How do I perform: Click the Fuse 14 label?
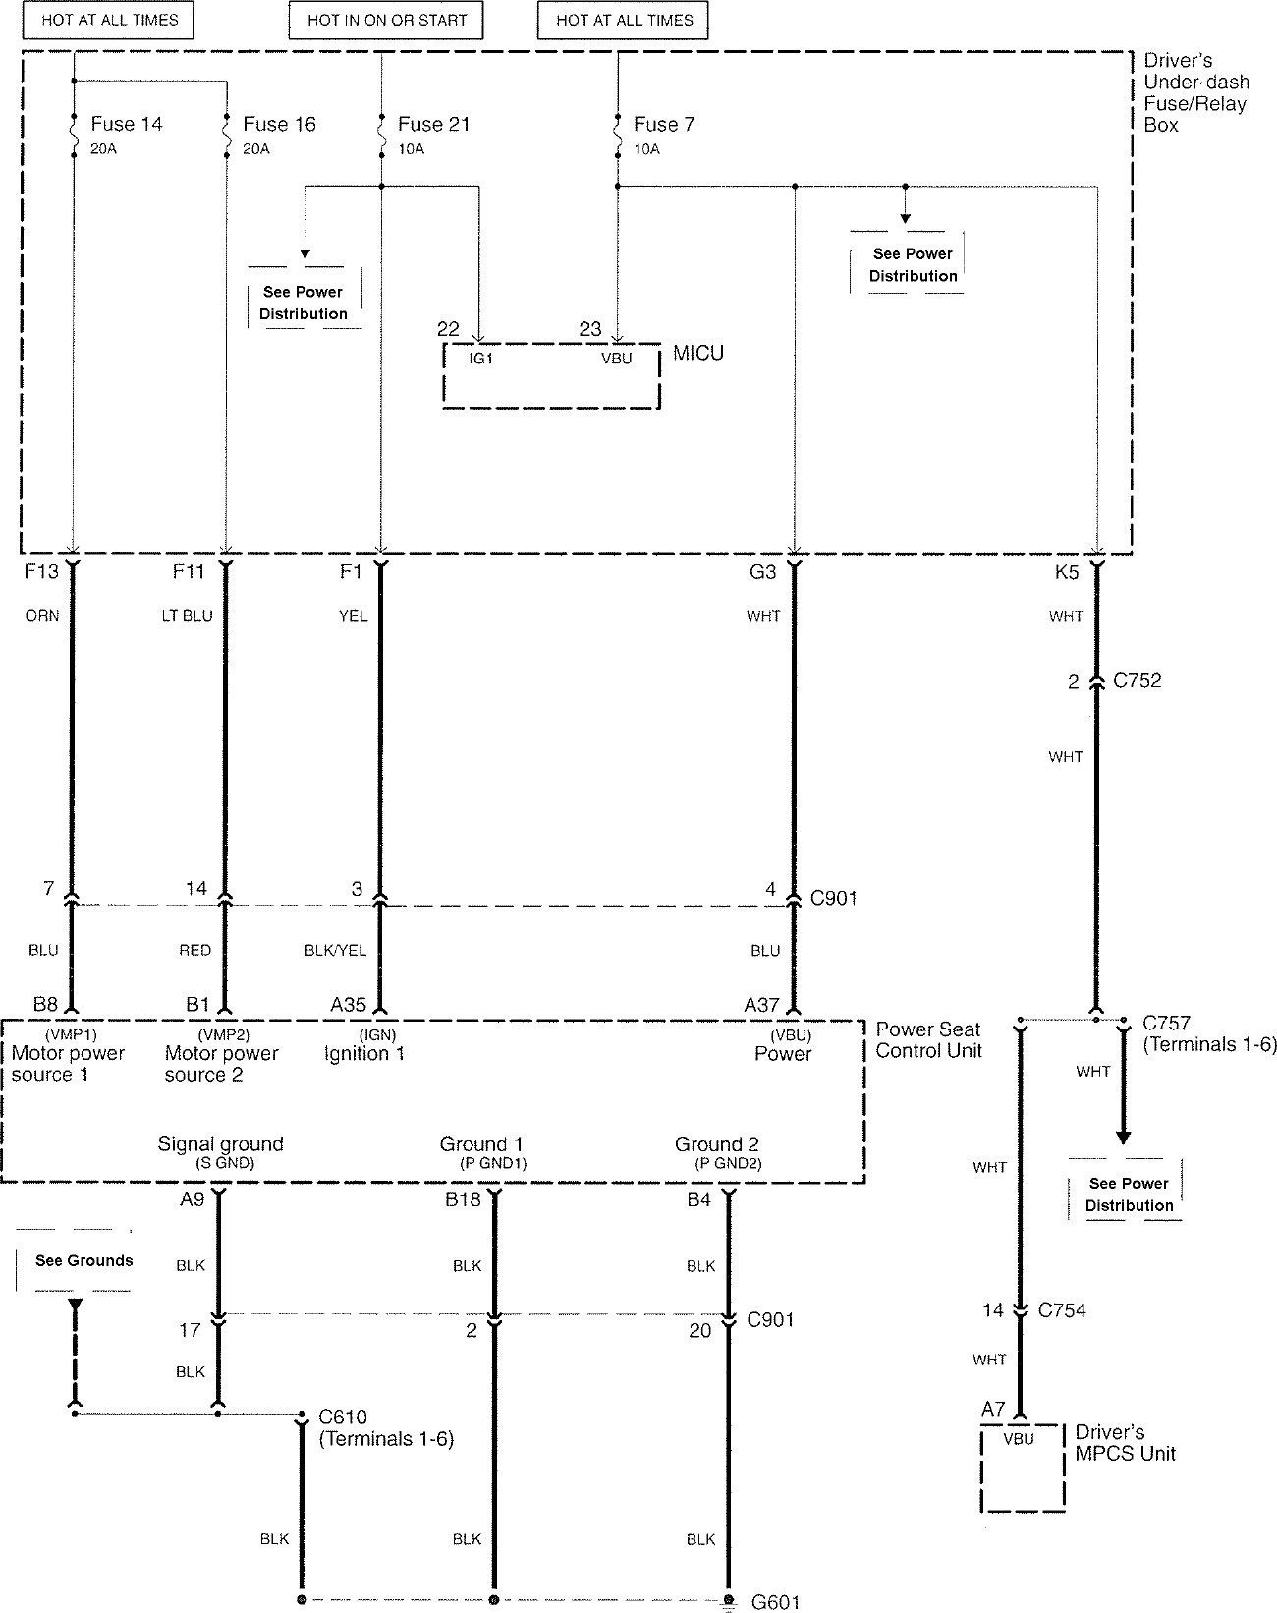[x=126, y=124]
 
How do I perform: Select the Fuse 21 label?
[x=433, y=124]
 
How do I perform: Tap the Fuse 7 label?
[x=664, y=124]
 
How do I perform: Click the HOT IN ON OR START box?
[x=386, y=20]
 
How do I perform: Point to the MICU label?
[x=698, y=353]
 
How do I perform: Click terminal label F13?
[x=41, y=572]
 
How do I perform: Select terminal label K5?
[x=1067, y=572]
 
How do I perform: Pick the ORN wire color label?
[x=42, y=616]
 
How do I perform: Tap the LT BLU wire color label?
[x=187, y=616]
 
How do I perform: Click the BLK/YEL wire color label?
[x=335, y=950]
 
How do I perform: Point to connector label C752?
[x=1137, y=680]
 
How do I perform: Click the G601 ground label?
[x=776, y=1602]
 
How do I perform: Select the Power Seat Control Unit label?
[x=927, y=1039]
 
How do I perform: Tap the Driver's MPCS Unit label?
[x=1125, y=1443]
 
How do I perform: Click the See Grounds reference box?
[x=83, y=1260]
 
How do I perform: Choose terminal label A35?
[x=348, y=1004]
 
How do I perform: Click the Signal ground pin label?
[x=220, y=1144]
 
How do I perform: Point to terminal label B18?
[x=463, y=1199]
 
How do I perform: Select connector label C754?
[x=1062, y=1309]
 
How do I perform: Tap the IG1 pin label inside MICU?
[x=480, y=359]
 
